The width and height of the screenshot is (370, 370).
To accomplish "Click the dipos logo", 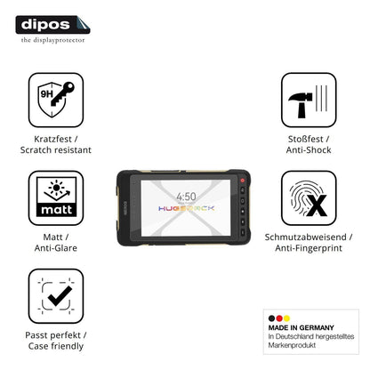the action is click(52, 25).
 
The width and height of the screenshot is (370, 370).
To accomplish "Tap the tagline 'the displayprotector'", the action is click(52, 40).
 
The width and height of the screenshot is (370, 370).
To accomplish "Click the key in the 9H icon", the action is click(62, 94).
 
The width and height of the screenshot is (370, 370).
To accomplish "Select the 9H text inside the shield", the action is click(46, 94).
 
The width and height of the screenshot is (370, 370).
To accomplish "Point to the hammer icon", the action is click(301, 105).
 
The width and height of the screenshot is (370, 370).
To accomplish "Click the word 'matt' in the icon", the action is click(56, 210).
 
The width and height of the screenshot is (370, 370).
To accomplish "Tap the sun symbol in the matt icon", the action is click(56, 188).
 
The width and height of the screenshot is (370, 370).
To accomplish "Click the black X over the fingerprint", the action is click(316, 205).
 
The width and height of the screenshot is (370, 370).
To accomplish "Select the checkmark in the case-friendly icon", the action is click(60, 295).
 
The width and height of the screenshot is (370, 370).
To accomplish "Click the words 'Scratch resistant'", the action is click(56, 150).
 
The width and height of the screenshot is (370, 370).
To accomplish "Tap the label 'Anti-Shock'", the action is click(309, 150).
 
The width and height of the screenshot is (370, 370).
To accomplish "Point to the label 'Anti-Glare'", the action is click(56, 248).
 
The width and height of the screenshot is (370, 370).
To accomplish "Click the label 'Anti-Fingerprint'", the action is click(309, 248).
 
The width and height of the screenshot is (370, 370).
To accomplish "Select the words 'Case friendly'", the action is click(56, 346).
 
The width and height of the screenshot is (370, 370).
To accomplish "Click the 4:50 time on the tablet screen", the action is click(186, 197).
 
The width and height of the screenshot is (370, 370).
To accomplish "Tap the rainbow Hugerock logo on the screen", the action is click(186, 208).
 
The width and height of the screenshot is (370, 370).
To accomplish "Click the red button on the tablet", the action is click(243, 181).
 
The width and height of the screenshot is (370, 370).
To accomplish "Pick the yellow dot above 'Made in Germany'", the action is click(286, 318).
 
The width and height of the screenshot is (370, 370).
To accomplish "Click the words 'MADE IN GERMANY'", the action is click(301, 327).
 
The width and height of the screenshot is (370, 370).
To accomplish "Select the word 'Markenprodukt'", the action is click(292, 345).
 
